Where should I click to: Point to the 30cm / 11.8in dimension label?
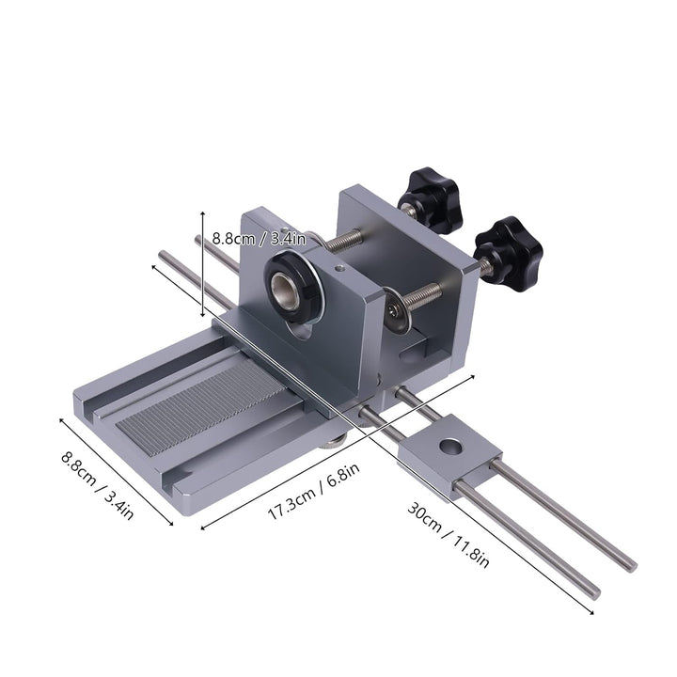point(449,533)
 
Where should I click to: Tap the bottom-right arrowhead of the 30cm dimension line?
point(591,612)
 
